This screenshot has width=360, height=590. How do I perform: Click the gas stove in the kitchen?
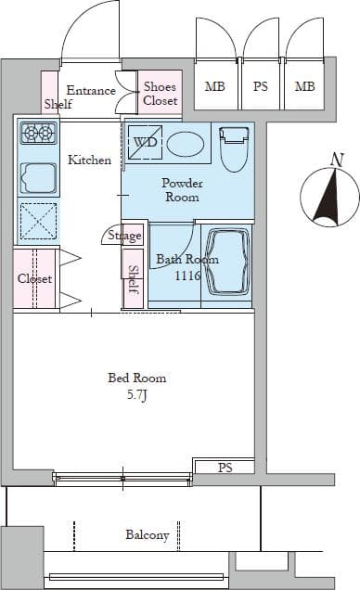click(x=39, y=134)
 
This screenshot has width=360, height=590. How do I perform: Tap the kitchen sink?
click(x=38, y=178)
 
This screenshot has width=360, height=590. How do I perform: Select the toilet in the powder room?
click(x=235, y=149)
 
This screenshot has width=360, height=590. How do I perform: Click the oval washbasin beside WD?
click(x=186, y=144)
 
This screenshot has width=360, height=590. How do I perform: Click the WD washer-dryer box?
click(x=145, y=142)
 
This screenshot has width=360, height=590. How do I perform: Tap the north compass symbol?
click(x=329, y=198)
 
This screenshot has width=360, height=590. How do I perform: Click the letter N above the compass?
click(x=338, y=160)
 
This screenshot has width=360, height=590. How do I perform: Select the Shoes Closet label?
click(x=160, y=94)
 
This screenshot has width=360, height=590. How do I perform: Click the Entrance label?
click(x=91, y=91)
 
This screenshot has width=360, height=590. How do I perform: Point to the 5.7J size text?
click(x=136, y=395)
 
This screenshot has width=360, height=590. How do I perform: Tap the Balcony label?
click(x=148, y=535)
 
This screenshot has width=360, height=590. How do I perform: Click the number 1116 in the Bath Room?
click(x=187, y=276)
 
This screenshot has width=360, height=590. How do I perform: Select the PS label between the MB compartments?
click(x=261, y=87)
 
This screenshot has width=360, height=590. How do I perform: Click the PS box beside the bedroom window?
click(x=225, y=467)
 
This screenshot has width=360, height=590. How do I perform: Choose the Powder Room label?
click(x=182, y=190)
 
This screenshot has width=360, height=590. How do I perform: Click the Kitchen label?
click(x=89, y=160)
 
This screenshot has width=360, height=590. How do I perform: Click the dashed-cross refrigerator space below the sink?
click(x=38, y=221)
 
